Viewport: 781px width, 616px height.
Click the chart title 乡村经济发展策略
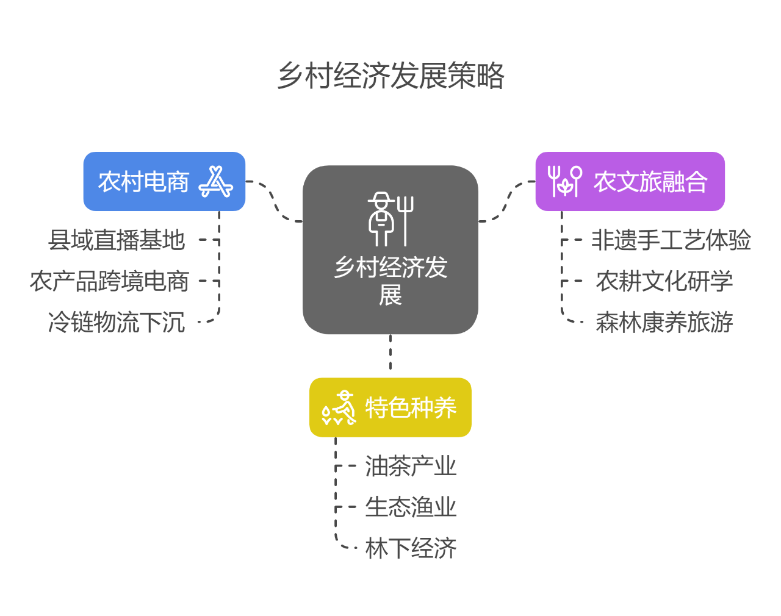(390, 76)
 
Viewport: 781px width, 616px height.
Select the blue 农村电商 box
(144, 182)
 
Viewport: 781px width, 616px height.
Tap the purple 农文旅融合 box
(650, 182)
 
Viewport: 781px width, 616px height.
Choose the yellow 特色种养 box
(410, 407)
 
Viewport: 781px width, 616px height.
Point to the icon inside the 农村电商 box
(215, 182)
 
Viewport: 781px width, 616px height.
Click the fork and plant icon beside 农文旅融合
(564, 182)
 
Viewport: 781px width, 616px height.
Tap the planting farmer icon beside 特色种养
(339, 407)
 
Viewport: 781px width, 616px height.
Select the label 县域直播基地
(117, 240)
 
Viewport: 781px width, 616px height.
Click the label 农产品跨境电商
(110, 281)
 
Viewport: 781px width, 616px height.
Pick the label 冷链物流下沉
(117, 322)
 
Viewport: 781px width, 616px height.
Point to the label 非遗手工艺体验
(671, 240)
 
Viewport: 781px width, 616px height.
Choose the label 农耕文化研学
(664, 281)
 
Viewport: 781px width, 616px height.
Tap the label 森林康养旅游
(664, 322)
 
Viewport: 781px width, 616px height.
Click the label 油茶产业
(411, 467)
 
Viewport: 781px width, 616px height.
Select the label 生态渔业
(411, 507)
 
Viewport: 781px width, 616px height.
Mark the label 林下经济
(411, 548)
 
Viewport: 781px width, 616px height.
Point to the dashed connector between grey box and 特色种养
(390, 354)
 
